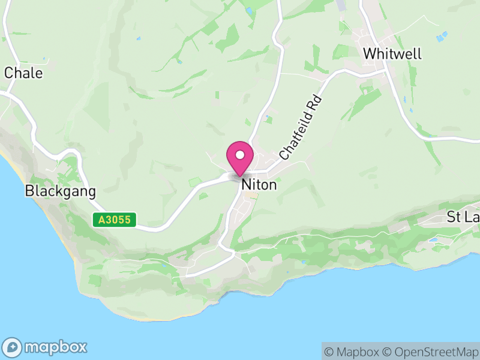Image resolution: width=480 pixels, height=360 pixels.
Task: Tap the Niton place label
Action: pos(259,185)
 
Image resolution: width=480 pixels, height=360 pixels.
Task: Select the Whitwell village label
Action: pos(392,53)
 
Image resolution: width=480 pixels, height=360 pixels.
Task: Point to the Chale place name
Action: pos(23,73)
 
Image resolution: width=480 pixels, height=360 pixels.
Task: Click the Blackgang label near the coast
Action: pos(60,191)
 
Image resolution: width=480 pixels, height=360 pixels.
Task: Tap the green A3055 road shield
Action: pos(115,220)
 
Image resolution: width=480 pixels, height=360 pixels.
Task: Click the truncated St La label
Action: pos(463,217)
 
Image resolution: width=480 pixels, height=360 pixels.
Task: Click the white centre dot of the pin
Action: pos(240,154)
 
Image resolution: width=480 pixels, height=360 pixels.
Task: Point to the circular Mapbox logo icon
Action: pos(13,347)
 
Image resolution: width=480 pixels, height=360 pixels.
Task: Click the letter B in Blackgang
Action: pos(29,191)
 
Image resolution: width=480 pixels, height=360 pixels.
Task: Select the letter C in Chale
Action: pos(9,73)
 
